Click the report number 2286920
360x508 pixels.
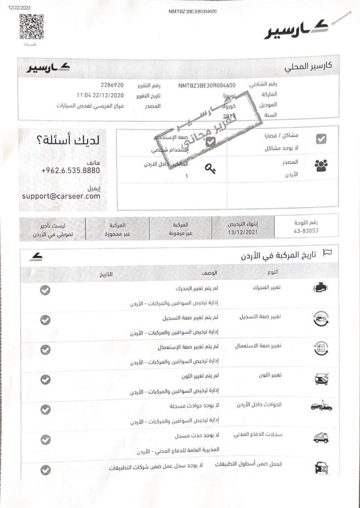[x=112, y=85]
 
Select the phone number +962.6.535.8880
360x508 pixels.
[x=71, y=170]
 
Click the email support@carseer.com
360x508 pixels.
[x=61, y=196]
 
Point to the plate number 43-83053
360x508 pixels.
[x=306, y=231]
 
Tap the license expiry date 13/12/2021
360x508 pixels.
[x=242, y=232]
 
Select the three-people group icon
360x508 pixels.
[x=321, y=165]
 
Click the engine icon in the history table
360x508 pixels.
[x=320, y=288]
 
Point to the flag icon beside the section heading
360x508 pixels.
[x=327, y=252]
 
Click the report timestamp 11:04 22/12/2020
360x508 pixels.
[x=100, y=96]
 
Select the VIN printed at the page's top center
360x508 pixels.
[x=193, y=12]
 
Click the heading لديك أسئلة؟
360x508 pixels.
[x=68, y=140]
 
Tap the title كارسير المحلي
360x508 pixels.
[x=308, y=66]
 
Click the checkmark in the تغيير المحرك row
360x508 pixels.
[x=45, y=290]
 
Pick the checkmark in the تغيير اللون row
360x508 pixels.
[x=45, y=380]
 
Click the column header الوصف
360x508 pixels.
[x=209, y=273]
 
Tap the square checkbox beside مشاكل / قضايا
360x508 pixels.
[x=321, y=139]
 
